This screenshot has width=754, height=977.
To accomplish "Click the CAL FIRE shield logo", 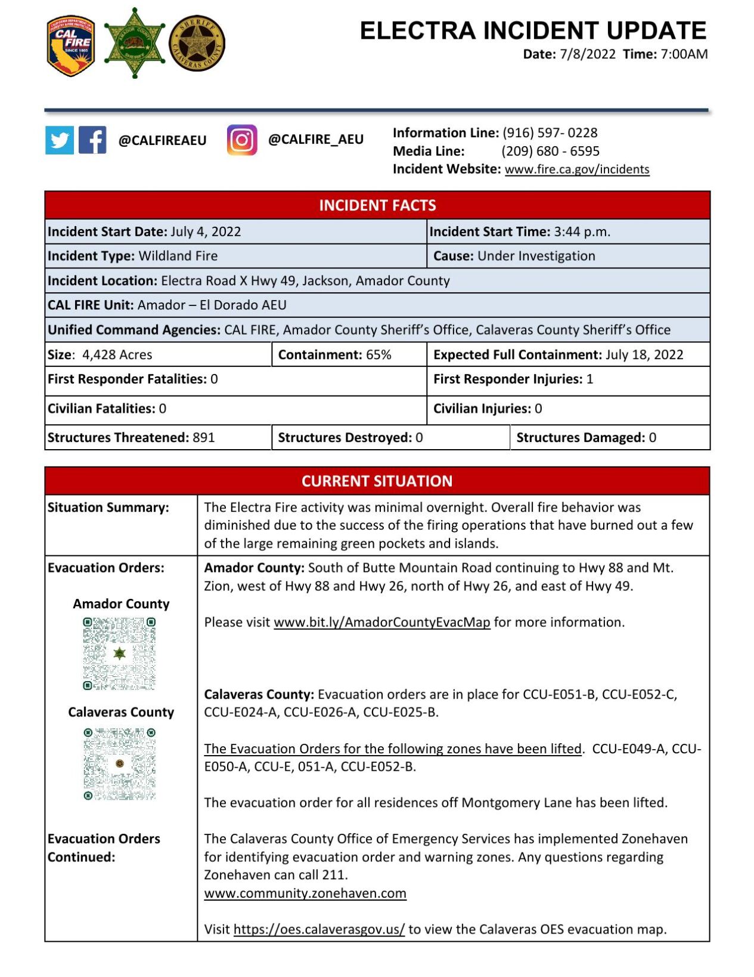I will point(70,45).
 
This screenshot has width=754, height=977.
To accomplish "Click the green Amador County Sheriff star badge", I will point(135,43).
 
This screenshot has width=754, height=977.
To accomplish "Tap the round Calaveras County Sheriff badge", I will point(197,43).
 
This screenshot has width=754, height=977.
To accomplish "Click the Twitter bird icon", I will point(60,140).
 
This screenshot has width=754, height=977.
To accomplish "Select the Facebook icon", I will point(92,140).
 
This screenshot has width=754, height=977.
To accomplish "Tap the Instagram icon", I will point(242,140).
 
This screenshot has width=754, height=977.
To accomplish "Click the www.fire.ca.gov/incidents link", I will point(576,169).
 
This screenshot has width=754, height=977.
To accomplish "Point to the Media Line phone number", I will point(550,151).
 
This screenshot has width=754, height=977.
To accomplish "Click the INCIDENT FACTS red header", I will point(377,205).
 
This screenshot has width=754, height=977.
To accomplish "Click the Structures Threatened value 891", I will point(203,438).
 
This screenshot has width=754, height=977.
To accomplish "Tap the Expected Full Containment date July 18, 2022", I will point(644,355).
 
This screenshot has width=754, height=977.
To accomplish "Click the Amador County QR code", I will point(119,654).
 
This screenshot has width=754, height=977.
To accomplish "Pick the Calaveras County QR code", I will point(119,763).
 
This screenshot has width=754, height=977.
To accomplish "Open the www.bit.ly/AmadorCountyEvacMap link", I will point(381,623).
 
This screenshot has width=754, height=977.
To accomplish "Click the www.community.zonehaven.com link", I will point(305,893).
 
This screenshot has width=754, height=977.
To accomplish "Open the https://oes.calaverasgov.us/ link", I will point(319,930).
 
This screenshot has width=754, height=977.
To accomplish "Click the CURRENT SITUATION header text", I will point(377,481).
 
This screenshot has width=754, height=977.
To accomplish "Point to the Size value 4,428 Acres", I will point(117,355).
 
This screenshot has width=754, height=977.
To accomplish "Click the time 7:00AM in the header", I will point(684,54).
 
